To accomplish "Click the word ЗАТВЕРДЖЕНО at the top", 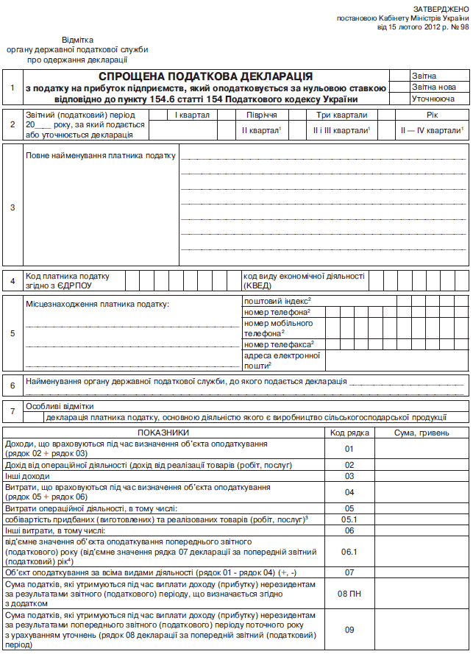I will click(439, 7).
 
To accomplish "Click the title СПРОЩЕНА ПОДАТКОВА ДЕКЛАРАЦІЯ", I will click(205, 77).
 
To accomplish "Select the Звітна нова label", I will click(430, 87).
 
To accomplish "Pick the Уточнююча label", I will click(433, 99).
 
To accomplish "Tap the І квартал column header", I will click(193, 115).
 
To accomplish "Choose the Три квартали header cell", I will click(341, 115).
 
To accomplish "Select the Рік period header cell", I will click(432, 115).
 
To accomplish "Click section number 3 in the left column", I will click(13, 207).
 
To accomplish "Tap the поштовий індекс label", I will click(278, 301).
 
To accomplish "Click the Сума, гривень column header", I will click(422, 433).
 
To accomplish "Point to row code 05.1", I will click(349, 519).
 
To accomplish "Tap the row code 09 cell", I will click(349, 629).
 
